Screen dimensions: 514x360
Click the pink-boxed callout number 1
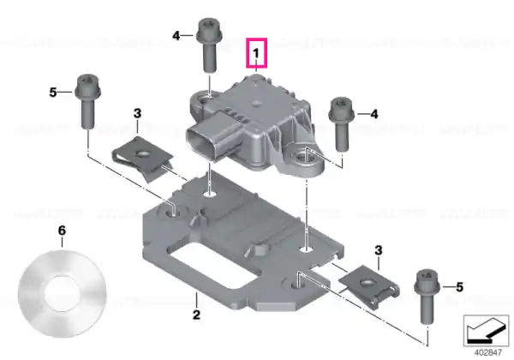[256, 53]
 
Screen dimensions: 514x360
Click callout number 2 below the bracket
[196, 315]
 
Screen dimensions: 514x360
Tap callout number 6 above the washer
[62, 231]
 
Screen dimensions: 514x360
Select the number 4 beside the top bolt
[176, 36]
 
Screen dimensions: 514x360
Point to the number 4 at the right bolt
[374, 114]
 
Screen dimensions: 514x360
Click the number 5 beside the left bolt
[53, 93]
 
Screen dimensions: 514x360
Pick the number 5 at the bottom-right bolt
[459, 287]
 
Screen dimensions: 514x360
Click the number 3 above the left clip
[137, 113]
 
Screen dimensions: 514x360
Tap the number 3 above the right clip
[379, 250]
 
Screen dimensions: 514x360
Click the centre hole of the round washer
[63, 293]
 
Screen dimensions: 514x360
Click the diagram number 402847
[487, 353]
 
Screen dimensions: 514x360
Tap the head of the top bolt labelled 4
[210, 31]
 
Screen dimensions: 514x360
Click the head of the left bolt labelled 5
[88, 87]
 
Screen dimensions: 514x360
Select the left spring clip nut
[143, 159]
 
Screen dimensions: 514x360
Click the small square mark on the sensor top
[257, 104]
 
